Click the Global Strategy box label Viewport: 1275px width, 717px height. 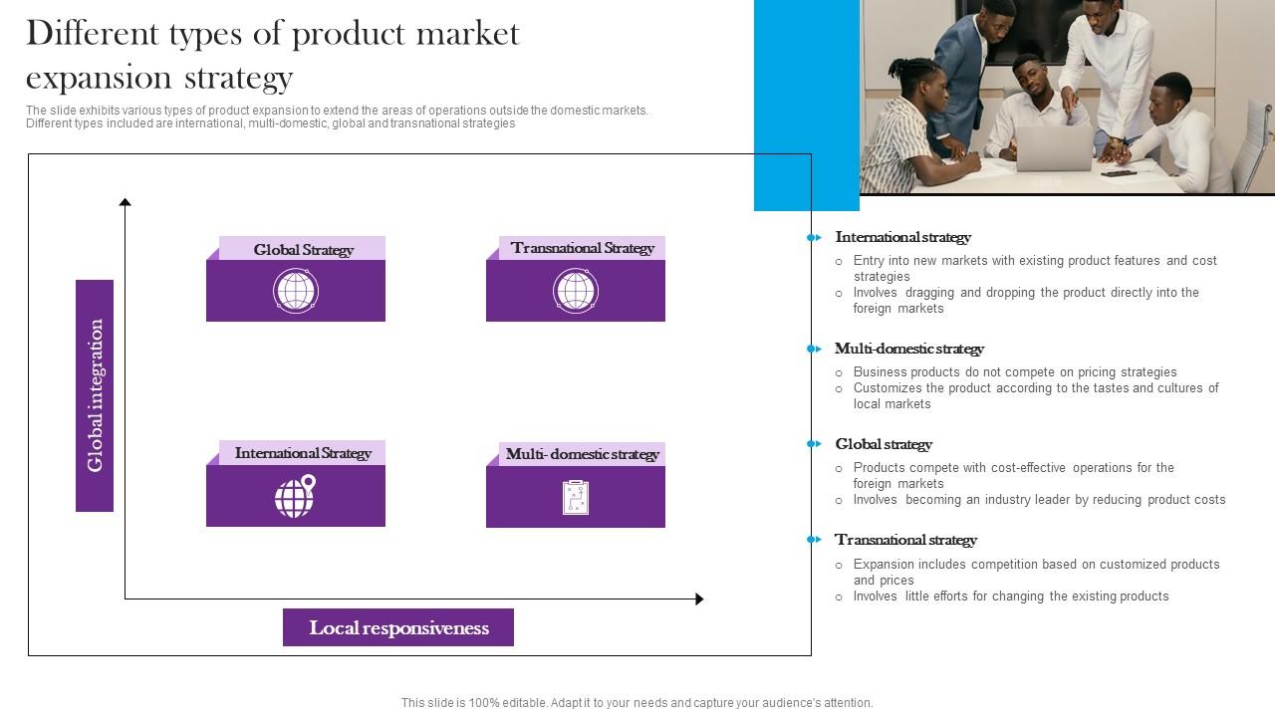pyautogui.click(x=304, y=250)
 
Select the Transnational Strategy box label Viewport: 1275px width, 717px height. pyautogui.click(x=583, y=248)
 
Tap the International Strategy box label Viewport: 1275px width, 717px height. pyautogui.click(x=303, y=453)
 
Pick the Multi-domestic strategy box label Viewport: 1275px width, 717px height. pyautogui.click(x=583, y=454)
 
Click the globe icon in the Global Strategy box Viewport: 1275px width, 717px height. pyautogui.click(x=296, y=291)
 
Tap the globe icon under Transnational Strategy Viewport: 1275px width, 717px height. pyautogui.click(x=576, y=291)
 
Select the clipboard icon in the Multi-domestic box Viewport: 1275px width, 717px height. pyautogui.click(x=576, y=497)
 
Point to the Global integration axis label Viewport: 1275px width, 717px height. pyautogui.click(x=95, y=395)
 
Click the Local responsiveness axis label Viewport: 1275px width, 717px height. pyautogui.click(x=398, y=627)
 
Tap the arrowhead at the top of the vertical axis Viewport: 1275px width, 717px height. pyautogui.click(x=126, y=202)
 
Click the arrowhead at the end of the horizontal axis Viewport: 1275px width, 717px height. pyautogui.click(x=700, y=598)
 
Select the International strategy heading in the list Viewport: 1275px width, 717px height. pyautogui.click(x=902, y=237)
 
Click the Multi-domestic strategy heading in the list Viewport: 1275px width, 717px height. pyautogui.click(x=909, y=349)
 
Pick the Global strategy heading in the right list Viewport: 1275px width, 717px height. pyautogui.click(x=884, y=444)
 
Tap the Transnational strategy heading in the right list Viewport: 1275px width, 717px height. pyautogui.click(x=905, y=540)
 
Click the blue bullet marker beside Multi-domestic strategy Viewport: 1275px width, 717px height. pyautogui.click(x=814, y=349)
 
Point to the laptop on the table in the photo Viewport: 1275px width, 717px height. pyautogui.click(x=1055, y=148)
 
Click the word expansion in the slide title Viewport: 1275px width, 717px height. pyautogui.click(x=98, y=79)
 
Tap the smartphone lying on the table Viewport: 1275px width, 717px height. pyautogui.click(x=1119, y=173)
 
